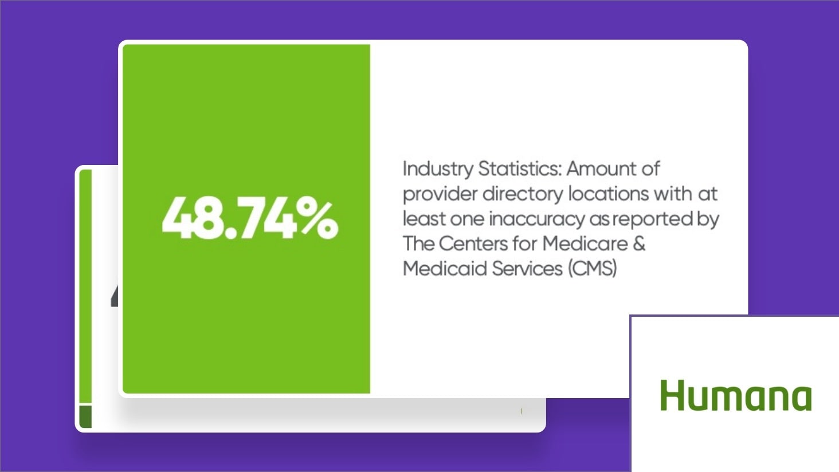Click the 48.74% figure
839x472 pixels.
coord(250,219)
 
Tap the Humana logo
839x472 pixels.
coord(736,395)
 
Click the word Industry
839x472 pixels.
coord(438,169)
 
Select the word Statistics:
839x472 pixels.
coord(520,168)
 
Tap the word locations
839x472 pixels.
coord(609,194)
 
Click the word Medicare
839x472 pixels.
coord(585,243)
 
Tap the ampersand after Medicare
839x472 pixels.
coord(639,243)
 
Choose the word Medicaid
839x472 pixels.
coord(445,269)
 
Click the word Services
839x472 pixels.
coord(527,269)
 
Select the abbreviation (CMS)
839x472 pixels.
coord(592,269)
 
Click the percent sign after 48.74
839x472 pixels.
coord(319,219)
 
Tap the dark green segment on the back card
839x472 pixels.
coord(85,416)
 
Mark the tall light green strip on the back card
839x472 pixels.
coord(85,286)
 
